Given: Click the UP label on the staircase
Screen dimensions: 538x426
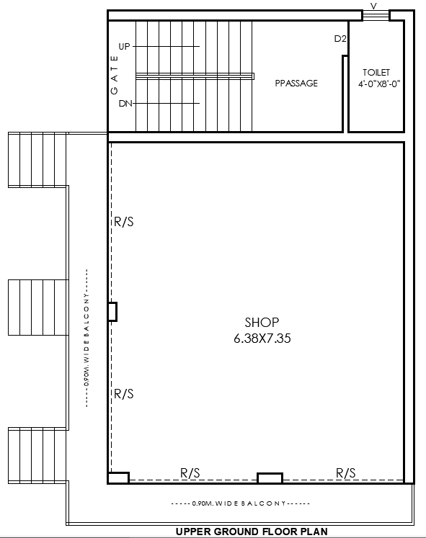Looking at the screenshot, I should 124,46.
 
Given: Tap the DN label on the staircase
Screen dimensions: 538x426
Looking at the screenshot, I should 125,104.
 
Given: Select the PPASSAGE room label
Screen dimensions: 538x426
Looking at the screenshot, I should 296,84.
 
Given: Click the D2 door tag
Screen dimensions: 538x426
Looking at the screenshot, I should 340,39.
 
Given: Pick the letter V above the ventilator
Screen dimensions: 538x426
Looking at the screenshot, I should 373,6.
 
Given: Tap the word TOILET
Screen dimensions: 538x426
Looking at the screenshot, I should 376,73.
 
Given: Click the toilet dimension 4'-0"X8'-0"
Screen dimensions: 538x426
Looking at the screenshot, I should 378,84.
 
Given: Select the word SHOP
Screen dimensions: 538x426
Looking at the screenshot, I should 262,323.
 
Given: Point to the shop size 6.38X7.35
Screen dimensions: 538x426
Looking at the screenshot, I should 262,338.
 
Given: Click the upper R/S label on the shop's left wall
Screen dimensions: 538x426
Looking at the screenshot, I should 124,222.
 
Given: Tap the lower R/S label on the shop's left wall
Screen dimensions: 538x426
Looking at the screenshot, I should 124,394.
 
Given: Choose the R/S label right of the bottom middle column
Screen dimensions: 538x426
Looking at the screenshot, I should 346,472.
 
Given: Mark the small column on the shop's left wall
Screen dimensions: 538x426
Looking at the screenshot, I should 112,312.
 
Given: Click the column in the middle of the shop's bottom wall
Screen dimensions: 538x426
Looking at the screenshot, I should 270,478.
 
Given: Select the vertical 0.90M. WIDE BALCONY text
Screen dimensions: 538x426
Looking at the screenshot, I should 87,338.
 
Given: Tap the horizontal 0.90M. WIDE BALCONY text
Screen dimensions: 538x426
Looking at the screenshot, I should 241,503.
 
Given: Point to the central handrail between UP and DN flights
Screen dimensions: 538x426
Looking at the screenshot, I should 195,76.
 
